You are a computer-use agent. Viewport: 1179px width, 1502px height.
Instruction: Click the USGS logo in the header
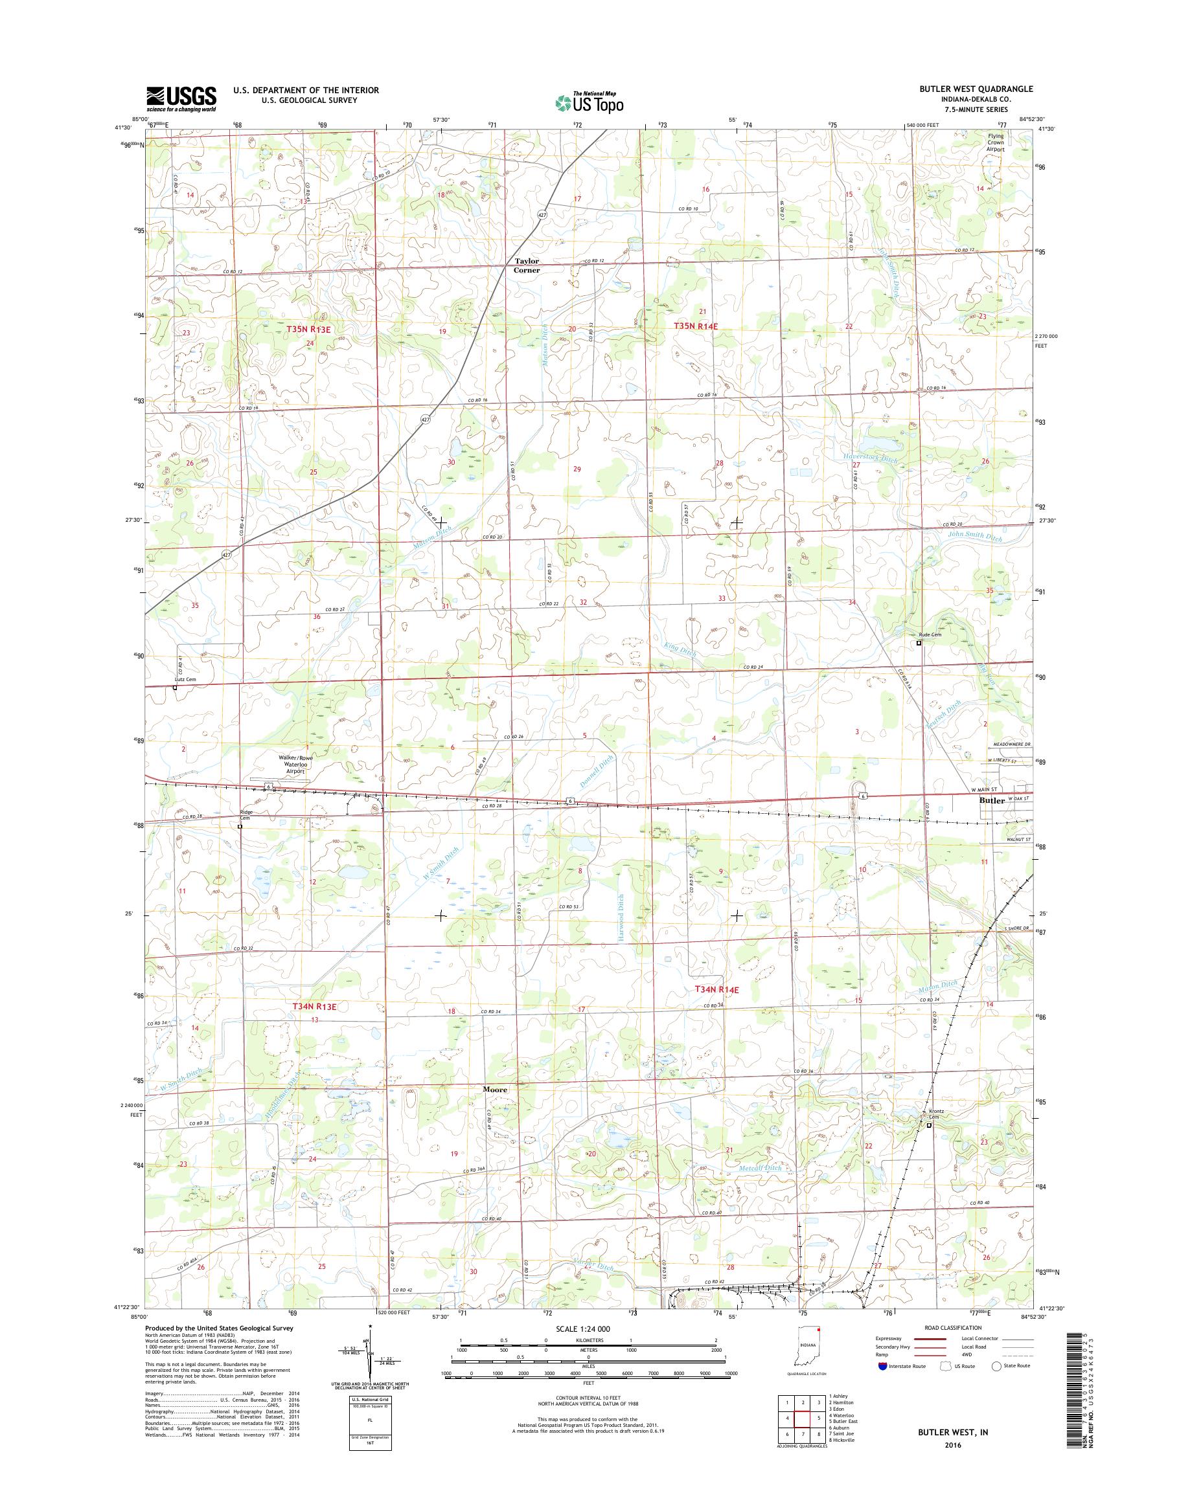181,98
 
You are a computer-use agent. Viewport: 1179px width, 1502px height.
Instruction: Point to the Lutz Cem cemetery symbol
175,687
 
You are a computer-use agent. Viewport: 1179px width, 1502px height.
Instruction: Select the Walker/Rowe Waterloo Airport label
296,765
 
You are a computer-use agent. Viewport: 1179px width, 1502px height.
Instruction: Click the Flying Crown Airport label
996,143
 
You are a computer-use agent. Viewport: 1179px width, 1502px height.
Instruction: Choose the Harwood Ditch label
621,917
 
